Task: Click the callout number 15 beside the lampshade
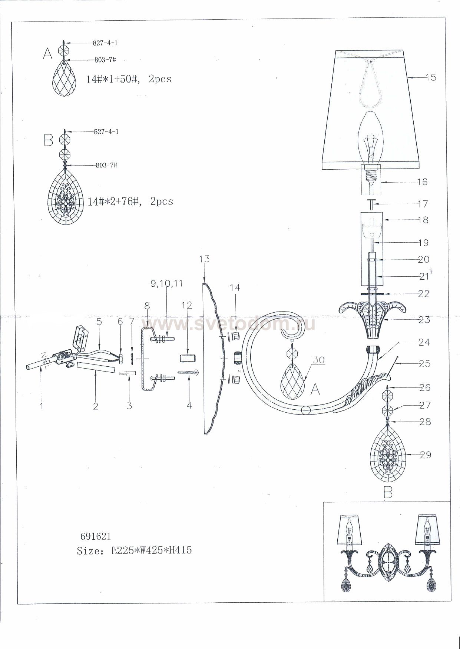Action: pyautogui.click(x=431, y=77)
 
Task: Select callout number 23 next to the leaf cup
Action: pyautogui.click(x=424, y=320)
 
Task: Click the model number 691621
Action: pyautogui.click(x=96, y=536)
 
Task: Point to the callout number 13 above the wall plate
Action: pyautogui.click(x=204, y=259)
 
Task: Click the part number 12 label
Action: pyautogui.click(x=187, y=305)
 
